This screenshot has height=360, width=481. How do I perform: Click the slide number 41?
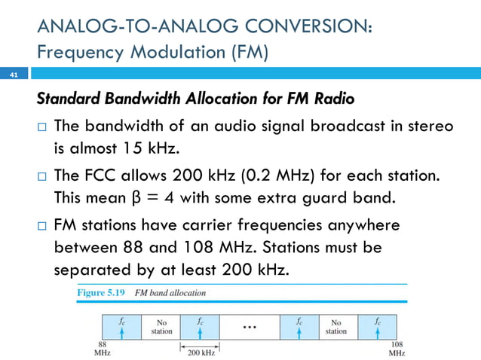pyautogui.click(x=13, y=75)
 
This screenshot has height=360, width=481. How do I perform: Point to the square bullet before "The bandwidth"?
pyautogui.click(x=43, y=127)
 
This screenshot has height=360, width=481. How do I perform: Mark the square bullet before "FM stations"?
pyautogui.click(x=43, y=226)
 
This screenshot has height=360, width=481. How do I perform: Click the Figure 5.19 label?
pyautogui.click(x=98, y=292)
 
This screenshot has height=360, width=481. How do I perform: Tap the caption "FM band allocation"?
pyautogui.click(x=170, y=292)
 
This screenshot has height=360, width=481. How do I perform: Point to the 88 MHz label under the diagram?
pyautogui.click(x=100, y=347)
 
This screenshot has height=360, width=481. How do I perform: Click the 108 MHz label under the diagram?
pyautogui.click(x=397, y=347)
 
